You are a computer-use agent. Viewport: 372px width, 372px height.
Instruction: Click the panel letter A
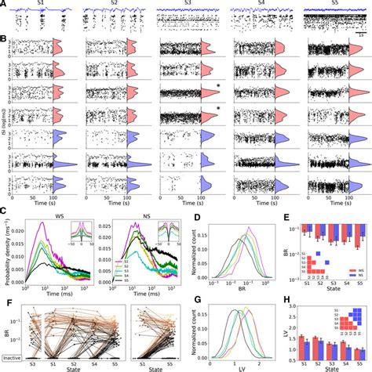point(5,5)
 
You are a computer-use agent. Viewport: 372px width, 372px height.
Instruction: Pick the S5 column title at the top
point(332,5)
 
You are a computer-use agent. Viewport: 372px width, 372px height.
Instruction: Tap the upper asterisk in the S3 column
point(216,87)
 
